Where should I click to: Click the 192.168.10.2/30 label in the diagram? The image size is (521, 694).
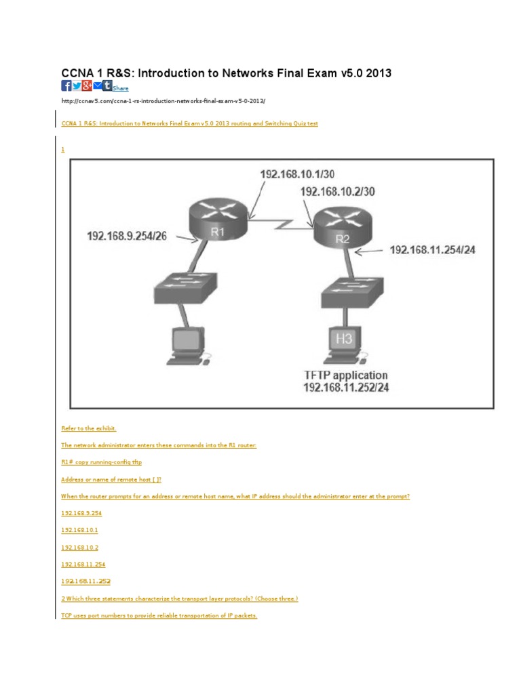(x=338, y=192)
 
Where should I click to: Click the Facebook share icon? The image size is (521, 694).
(x=66, y=85)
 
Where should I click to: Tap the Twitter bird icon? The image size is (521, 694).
(x=76, y=85)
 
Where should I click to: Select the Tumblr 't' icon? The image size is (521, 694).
(x=107, y=85)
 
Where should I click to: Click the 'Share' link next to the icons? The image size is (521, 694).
(x=120, y=88)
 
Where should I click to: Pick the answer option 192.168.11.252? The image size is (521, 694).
(x=85, y=581)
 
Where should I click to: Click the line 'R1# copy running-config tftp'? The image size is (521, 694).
(x=102, y=462)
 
